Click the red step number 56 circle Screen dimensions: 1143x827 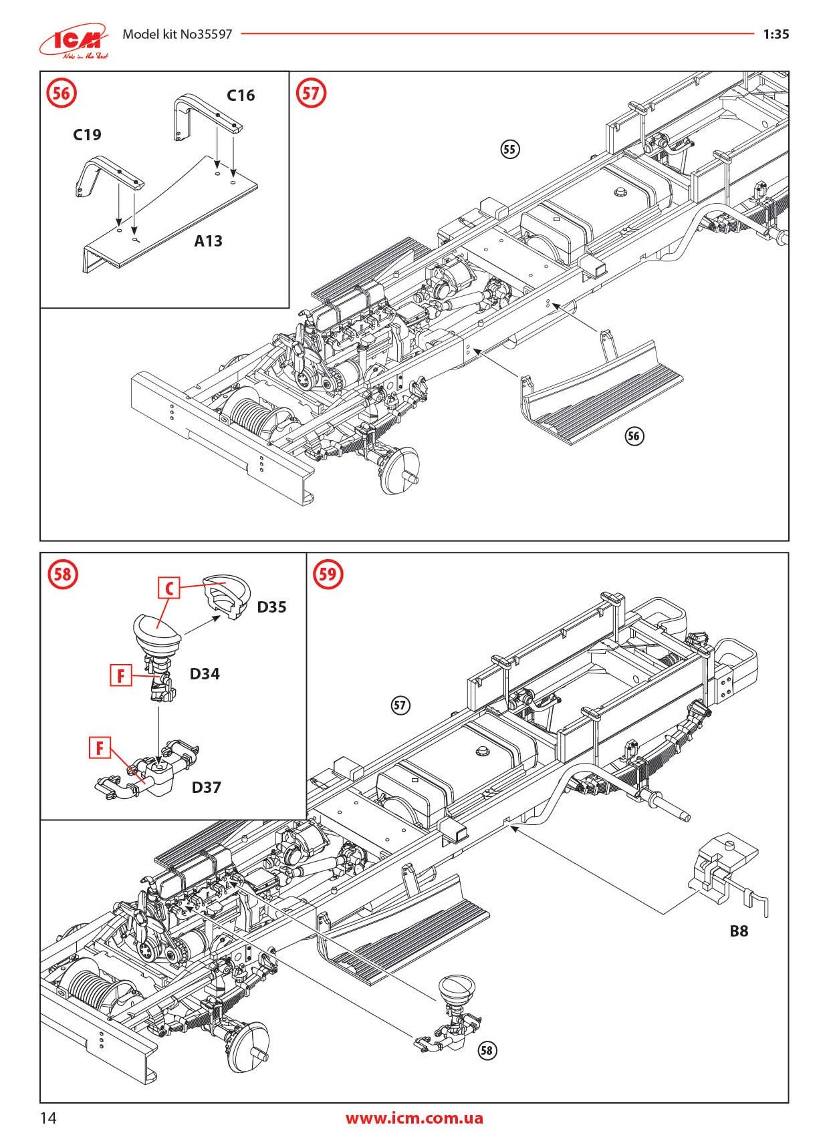click(61, 93)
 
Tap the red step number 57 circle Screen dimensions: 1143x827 click(311, 93)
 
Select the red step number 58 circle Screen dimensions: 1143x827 click(63, 575)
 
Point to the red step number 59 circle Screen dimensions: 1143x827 click(328, 575)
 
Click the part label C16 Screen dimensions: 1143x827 click(240, 96)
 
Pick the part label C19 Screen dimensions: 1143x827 click(87, 135)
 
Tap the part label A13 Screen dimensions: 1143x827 click(208, 241)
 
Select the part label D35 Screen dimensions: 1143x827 click(271, 607)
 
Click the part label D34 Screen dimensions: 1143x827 click(204, 674)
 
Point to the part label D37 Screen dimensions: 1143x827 click(206, 788)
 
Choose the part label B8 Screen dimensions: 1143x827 click(739, 931)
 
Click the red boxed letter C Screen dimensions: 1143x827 click(169, 589)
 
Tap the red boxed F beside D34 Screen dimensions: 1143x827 click(120, 675)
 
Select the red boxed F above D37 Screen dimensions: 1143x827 click(100, 747)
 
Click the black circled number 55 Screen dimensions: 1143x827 click(509, 149)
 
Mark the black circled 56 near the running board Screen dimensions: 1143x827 click(634, 436)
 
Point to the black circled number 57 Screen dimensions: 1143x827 click(400, 705)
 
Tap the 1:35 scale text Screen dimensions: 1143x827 click(776, 35)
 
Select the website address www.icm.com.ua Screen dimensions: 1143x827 click(414, 1118)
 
